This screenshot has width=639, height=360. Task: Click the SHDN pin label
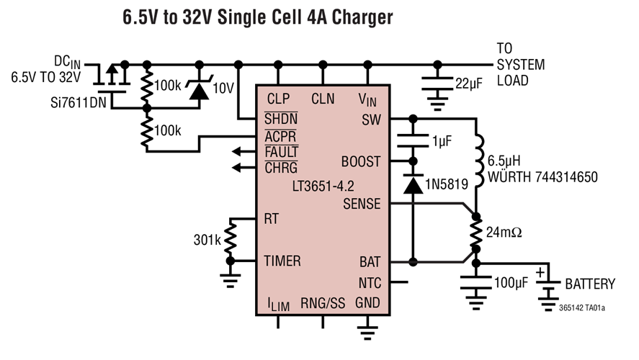281,117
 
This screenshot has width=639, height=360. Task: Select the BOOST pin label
362,162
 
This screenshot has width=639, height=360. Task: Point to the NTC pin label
370,283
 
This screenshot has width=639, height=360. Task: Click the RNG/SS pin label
323,304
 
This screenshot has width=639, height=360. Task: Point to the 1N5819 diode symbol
412,185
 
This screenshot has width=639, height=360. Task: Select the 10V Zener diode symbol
195,89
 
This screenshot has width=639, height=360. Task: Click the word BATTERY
589,284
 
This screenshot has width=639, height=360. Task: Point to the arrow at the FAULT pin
237,152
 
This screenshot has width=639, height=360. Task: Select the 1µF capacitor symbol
413,139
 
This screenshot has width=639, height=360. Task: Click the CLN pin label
323,99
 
